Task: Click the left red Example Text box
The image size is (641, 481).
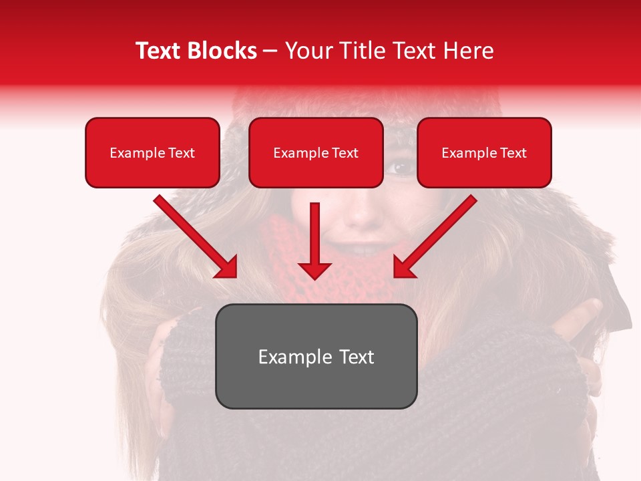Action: (x=152, y=152)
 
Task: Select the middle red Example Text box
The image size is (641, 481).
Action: (x=316, y=152)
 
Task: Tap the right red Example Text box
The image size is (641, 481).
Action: (x=484, y=152)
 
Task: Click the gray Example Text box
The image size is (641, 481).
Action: (x=316, y=356)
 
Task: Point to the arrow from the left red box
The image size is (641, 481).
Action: (x=194, y=235)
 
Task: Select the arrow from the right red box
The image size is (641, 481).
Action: (x=437, y=235)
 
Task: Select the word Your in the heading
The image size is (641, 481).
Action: (x=308, y=51)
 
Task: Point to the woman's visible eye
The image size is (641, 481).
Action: (x=401, y=168)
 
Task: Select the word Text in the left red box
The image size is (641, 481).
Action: (x=182, y=152)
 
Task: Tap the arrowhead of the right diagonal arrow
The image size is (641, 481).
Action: (x=402, y=269)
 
